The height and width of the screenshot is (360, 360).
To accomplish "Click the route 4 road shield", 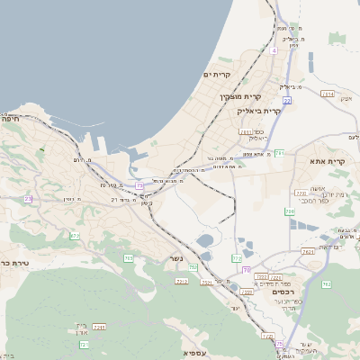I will click(274, 50).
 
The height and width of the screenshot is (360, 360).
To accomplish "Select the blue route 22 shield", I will click(139, 185).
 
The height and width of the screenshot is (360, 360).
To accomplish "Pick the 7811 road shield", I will click(246, 131).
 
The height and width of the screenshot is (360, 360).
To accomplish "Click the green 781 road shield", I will click(280, 153).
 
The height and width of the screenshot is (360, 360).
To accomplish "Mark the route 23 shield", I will click(29, 199).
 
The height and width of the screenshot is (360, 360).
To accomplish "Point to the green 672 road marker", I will click(75, 236).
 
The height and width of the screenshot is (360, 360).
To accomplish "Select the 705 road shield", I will click(129, 258).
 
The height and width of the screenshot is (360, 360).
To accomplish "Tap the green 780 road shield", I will click(290, 211).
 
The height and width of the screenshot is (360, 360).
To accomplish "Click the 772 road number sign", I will click(237, 258).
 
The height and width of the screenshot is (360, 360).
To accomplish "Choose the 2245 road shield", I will click(99, 327).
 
